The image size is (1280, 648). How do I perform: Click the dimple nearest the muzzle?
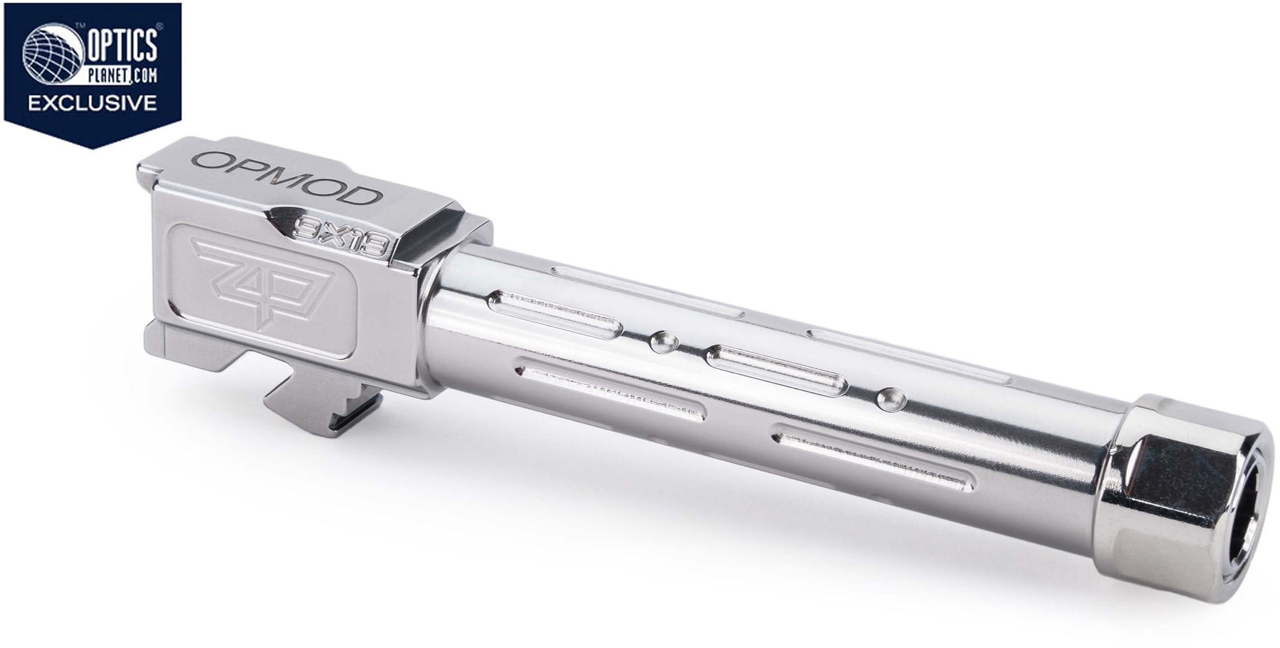891,399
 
